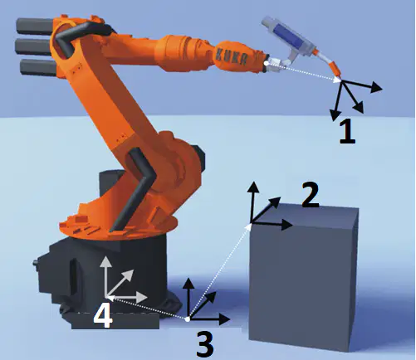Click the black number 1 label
point(347,131)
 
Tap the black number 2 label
point(311,194)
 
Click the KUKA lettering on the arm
point(231,57)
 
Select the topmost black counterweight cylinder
point(34,26)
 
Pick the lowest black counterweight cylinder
point(38,68)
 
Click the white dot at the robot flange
point(266,63)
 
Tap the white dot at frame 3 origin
point(188,319)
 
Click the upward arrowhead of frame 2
point(252,187)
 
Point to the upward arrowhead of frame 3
point(188,283)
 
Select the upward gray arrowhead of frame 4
point(105,261)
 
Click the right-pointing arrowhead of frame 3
point(224,319)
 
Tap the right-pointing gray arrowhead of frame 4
point(142,298)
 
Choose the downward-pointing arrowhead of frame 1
point(335,115)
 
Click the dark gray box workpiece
point(303,276)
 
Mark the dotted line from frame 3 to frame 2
point(219,272)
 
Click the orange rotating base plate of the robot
point(118,226)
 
